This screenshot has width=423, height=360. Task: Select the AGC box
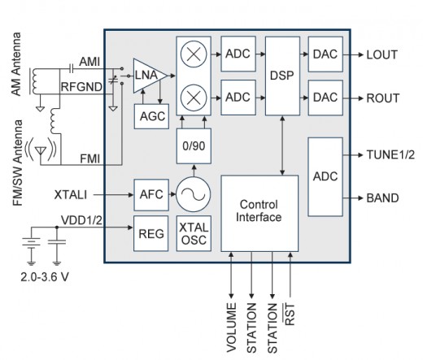point(151,115)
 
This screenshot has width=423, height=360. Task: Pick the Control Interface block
point(259,212)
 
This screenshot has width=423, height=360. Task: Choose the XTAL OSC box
point(193,232)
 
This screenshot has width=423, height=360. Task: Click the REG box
point(151,232)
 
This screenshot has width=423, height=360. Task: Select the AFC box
point(151,195)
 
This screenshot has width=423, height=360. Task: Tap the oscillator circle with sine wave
point(193,195)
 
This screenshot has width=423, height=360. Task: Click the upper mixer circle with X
point(193,56)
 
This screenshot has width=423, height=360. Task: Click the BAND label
point(382,197)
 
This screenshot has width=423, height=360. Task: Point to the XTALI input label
point(72,195)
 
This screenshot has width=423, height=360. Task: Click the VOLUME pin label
point(232,327)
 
